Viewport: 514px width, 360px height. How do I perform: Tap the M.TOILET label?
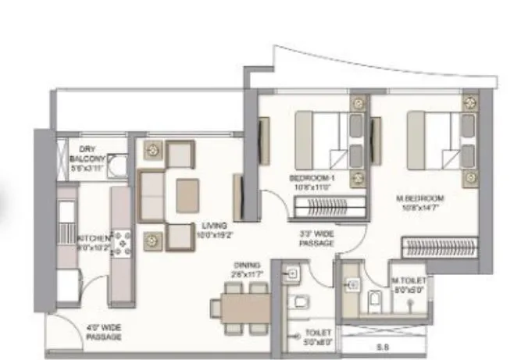(x=406, y=283)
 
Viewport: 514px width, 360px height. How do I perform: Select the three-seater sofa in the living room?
(x=150, y=196)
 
